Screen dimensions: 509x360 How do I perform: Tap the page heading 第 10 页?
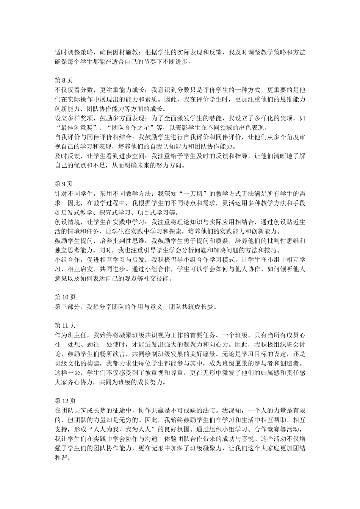65,297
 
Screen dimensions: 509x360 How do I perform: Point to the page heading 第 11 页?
65,325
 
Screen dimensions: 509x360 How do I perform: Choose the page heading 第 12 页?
65,401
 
